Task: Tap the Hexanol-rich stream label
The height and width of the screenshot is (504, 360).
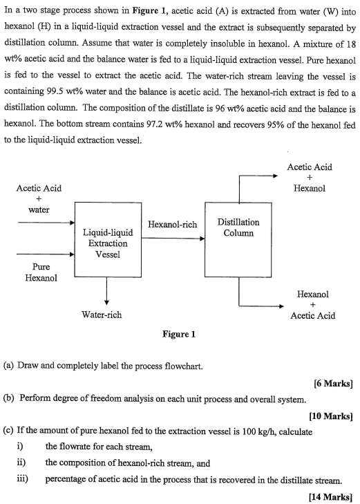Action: pos(172,225)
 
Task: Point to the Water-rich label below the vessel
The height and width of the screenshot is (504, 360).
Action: pos(102,315)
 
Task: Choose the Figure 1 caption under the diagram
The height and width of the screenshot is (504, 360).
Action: pos(179,335)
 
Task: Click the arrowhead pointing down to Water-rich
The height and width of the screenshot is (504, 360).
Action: pos(107,300)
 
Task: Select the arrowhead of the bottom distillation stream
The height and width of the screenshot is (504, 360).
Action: pos(278,305)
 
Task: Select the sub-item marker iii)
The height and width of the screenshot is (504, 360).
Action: pos(21,477)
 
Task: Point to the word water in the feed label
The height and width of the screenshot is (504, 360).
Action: pos(39,209)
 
